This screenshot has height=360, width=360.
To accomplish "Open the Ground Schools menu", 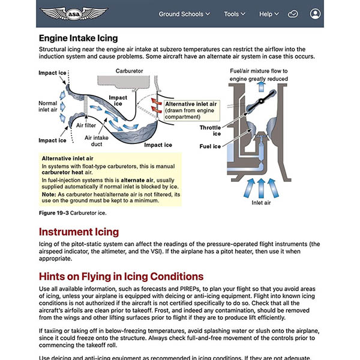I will (184, 14).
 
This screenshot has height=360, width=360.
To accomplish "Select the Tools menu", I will (235, 14).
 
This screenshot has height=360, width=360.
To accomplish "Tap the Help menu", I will (269, 14).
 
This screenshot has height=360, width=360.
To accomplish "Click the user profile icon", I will (316, 14).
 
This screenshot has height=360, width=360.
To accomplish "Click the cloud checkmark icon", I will (293, 14).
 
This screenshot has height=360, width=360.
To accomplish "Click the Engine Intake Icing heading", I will (78, 38).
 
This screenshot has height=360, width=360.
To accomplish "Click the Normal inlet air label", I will (48, 107).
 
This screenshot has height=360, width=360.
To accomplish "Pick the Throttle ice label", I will (211, 130).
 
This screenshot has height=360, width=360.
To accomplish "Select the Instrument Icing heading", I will (79, 232).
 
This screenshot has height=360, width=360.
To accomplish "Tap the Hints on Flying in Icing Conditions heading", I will (121, 277).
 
